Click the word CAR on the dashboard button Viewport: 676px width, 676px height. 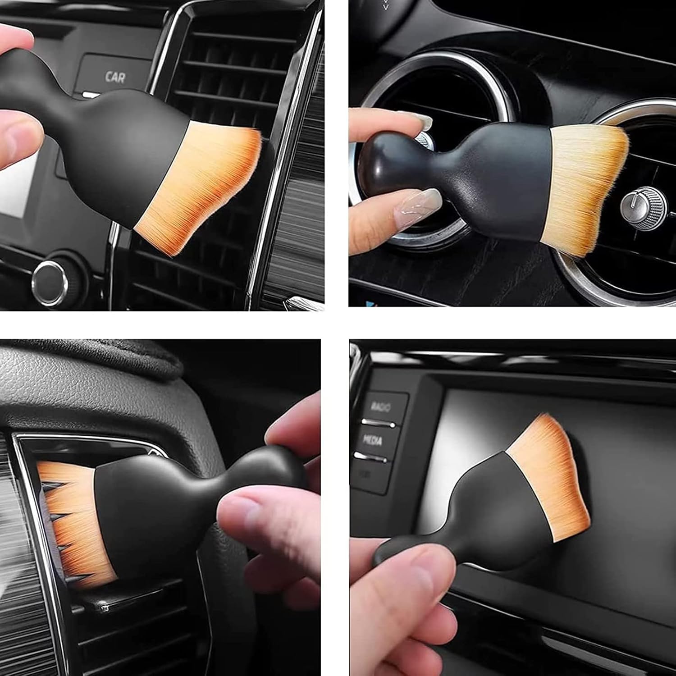(115, 77)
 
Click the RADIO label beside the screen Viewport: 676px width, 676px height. (380, 407)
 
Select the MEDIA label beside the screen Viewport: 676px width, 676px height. (372, 440)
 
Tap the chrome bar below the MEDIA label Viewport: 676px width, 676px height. (370, 458)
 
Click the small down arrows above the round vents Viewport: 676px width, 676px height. (386, 5)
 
